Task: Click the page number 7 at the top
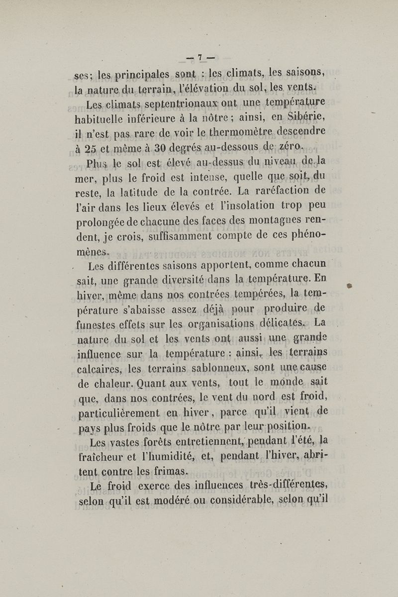click(199, 58)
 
